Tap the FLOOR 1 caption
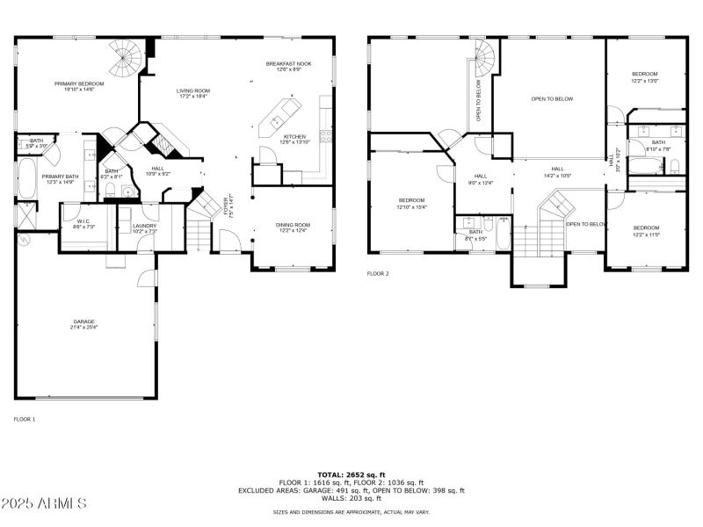[x=24, y=420]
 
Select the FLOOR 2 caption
[x=378, y=274]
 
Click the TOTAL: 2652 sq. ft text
[x=351, y=474]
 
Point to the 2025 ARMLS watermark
[x=44, y=503]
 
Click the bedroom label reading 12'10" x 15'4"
[x=411, y=203]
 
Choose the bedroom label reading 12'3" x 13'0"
[x=645, y=76]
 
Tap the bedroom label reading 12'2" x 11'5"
[x=646, y=231]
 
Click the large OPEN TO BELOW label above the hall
[x=552, y=98]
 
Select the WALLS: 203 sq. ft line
[x=351, y=499]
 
